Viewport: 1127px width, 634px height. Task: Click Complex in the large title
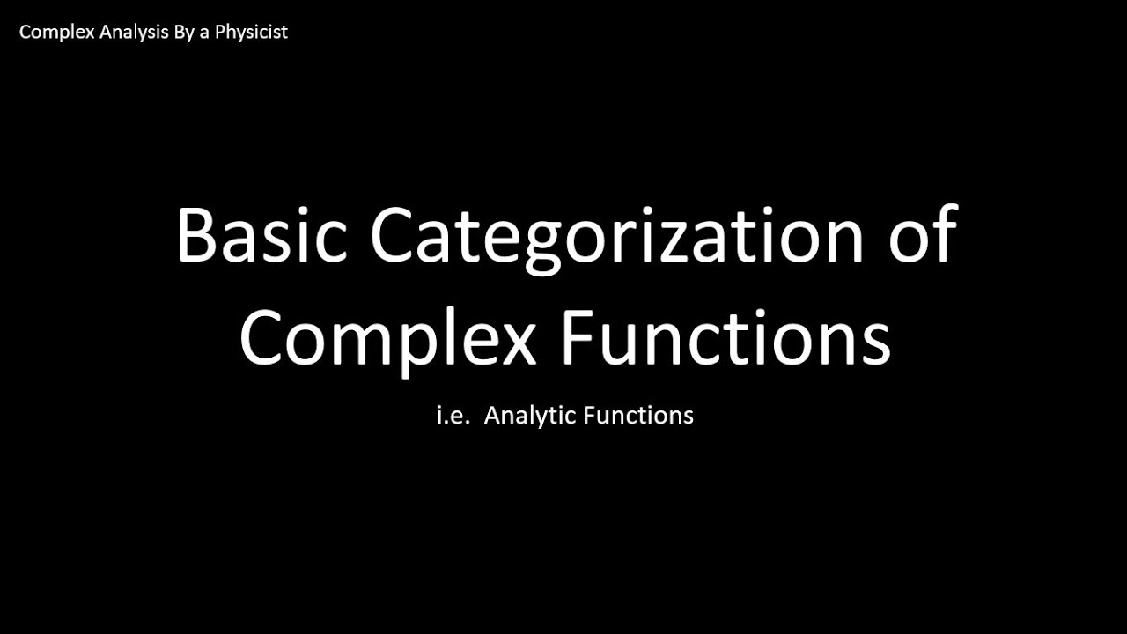point(387,339)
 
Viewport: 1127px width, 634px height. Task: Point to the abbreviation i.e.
point(453,415)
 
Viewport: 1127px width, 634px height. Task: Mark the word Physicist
point(250,33)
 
